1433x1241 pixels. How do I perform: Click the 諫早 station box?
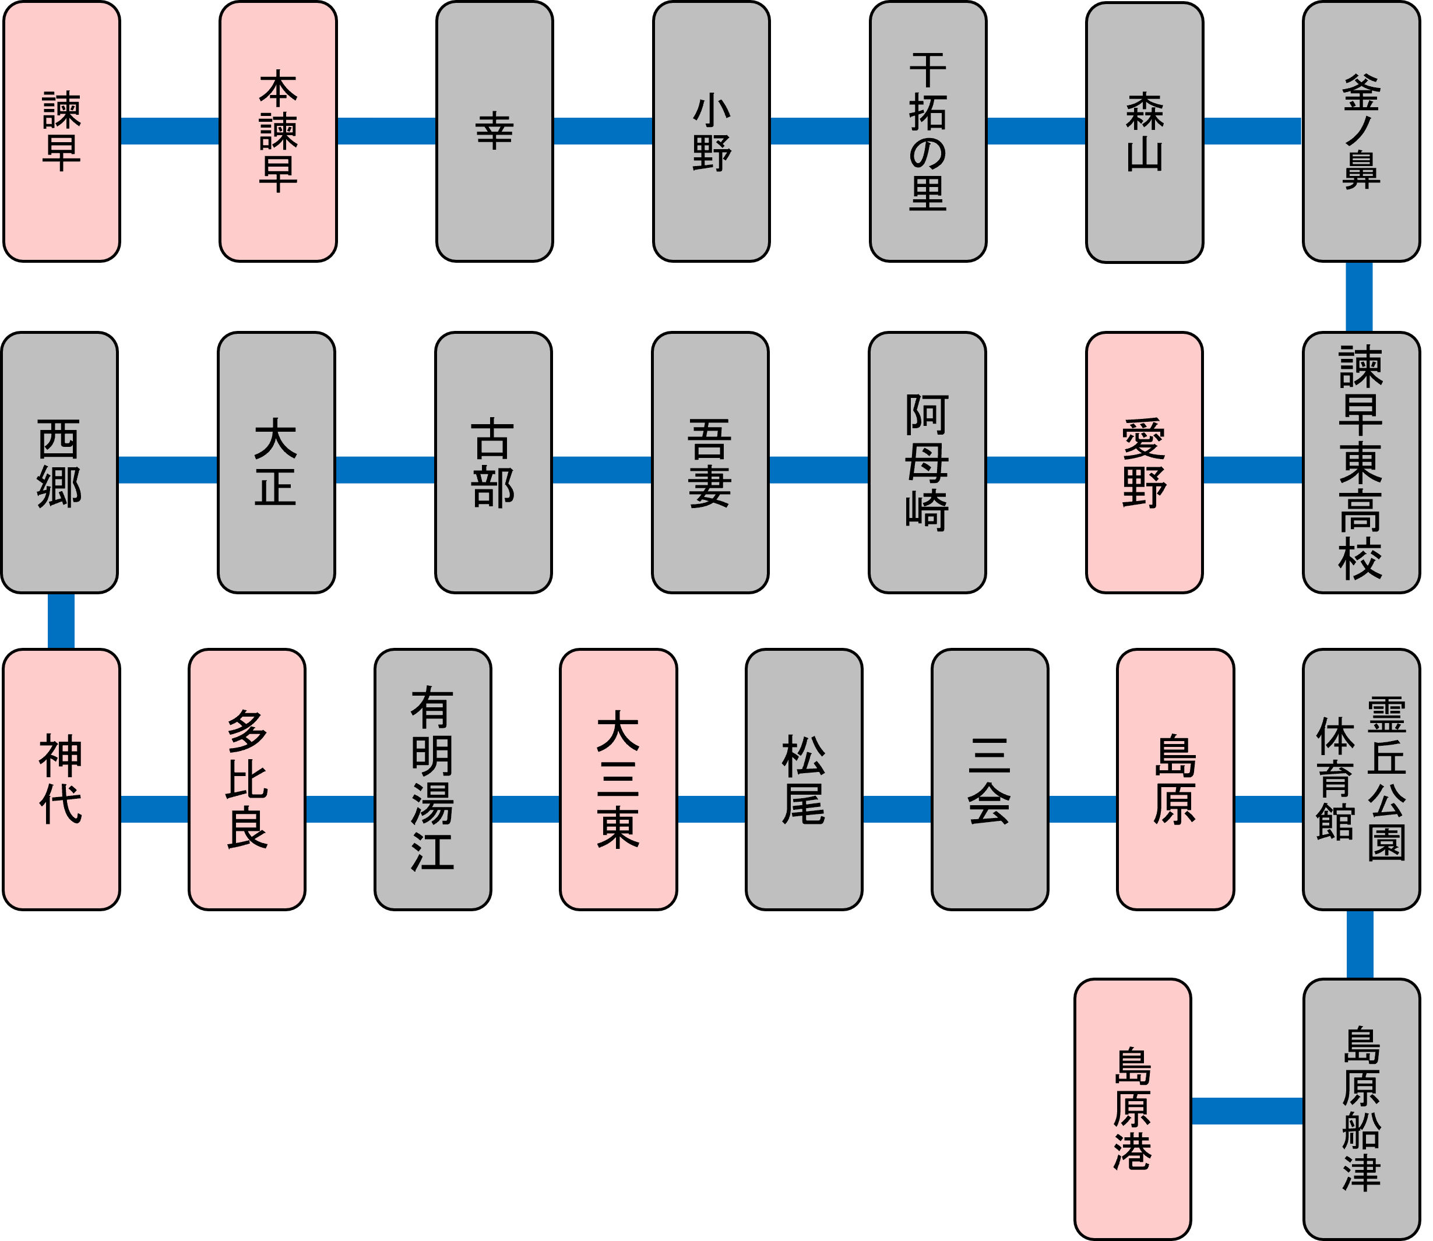(x=62, y=132)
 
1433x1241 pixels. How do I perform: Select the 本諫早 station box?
(x=278, y=132)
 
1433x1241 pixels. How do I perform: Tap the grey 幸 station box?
(x=495, y=132)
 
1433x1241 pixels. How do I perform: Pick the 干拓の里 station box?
(x=927, y=132)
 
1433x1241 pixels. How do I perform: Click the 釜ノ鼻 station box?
(x=1361, y=132)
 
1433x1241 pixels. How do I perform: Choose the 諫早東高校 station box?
(x=1361, y=463)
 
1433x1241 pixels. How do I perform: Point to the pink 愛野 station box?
(x=1144, y=463)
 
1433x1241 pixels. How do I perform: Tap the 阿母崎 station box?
(x=927, y=463)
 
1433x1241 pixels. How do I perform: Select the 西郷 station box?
(x=59, y=463)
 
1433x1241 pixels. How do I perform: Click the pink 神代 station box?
(x=62, y=779)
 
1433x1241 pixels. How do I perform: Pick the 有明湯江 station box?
(x=433, y=779)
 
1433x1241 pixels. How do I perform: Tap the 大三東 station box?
(x=618, y=779)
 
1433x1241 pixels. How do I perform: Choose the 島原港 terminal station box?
(x=1132, y=1109)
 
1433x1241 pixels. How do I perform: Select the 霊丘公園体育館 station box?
(x=1361, y=779)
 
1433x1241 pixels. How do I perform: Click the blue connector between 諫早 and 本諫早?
(x=170, y=131)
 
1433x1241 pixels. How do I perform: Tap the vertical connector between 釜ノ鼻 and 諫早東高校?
(x=1359, y=297)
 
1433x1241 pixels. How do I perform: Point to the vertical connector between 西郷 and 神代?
(x=61, y=620)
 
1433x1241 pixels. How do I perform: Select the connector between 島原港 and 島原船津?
(x=1247, y=1111)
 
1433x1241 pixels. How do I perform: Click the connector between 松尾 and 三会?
(x=897, y=809)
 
